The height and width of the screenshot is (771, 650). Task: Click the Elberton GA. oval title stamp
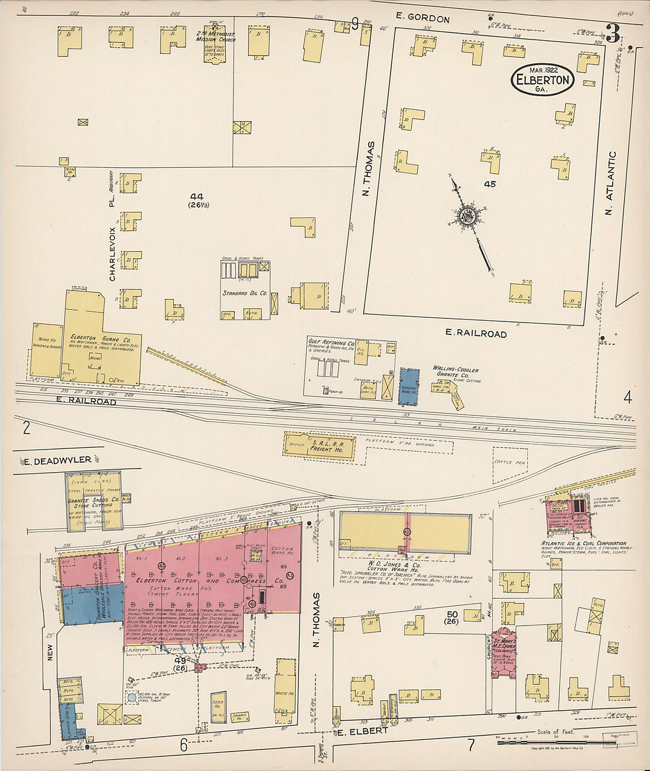tap(542, 80)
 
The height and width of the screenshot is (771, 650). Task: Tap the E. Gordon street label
tap(422, 18)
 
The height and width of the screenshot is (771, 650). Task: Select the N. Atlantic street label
tap(612, 184)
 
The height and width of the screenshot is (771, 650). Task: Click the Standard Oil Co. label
tap(245, 293)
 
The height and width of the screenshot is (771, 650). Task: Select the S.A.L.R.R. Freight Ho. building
tap(319, 447)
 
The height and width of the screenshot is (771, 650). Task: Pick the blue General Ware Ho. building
tap(409, 387)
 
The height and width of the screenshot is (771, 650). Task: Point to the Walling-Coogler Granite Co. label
tap(455, 372)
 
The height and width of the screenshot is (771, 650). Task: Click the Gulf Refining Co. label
tap(331, 343)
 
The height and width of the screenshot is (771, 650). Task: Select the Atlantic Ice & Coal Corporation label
tap(584, 543)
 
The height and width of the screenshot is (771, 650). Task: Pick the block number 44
tap(197, 196)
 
